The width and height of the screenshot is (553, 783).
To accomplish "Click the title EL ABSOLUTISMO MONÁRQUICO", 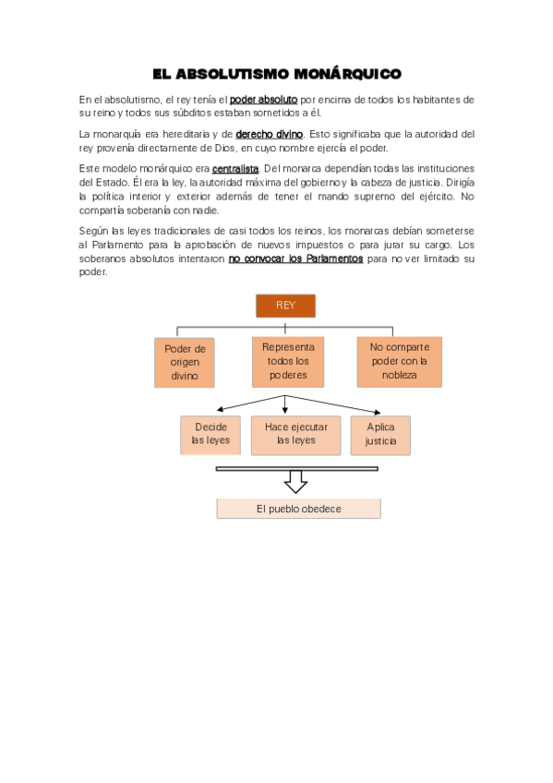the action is coord(276,73).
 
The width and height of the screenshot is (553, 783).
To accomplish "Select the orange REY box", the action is coord(284,306).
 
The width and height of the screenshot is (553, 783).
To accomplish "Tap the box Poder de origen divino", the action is coord(185,362).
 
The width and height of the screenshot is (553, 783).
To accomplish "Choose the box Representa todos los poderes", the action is coord(288,361).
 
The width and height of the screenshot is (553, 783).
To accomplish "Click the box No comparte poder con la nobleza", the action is coord(399,361).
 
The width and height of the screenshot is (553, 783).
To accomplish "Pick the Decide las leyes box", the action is coord(210,434).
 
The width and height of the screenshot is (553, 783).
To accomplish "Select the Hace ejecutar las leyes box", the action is coord(296,434).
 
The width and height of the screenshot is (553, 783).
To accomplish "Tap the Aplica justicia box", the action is coord(380,434).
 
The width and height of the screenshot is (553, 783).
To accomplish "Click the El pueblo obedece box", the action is coord(298,509).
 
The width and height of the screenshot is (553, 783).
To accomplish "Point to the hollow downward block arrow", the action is coord(295,482).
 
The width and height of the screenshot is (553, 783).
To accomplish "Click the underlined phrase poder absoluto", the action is coord(263,100).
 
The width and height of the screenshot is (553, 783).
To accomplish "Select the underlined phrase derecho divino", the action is coord(270,135).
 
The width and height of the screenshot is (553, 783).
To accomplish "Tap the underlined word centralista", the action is coord(235,169).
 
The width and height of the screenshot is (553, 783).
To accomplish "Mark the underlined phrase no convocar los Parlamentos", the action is coord(295,259).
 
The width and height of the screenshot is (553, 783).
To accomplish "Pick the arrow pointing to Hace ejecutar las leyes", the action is coord(285,404).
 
